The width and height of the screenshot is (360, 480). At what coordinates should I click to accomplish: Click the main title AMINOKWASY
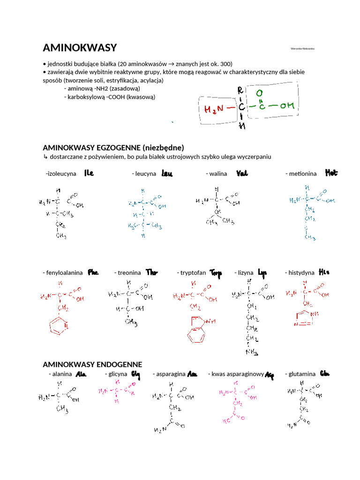(80, 48)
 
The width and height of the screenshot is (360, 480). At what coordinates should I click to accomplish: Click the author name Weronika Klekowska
(302, 48)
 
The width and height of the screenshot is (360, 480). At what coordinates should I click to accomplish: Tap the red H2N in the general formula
(214, 109)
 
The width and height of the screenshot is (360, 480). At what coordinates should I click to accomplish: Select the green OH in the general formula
(287, 106)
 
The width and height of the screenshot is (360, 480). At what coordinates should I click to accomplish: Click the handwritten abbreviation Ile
(89, 173)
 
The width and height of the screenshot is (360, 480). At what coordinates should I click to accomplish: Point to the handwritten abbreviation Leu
(167, 173)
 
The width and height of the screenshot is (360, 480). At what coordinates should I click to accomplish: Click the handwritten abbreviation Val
(242, 173)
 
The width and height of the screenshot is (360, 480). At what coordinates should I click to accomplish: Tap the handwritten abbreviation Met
(330, 173)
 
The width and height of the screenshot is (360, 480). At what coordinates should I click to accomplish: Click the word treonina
(129, 272)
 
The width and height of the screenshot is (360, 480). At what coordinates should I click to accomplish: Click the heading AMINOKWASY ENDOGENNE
(92, 364)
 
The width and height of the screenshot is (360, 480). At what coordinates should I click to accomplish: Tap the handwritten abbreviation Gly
(135, 374)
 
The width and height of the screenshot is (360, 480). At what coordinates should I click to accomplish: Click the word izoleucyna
(61, 173)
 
